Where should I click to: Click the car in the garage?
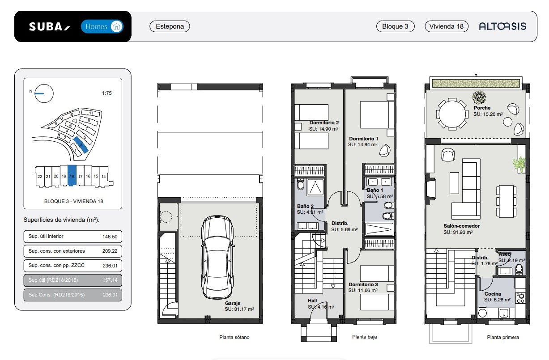pyautogui.click(x=217, y=257)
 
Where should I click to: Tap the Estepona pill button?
pyautogui.click(x=170, y=26)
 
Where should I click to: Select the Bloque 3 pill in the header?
pyautogui.click(x=396, y=26)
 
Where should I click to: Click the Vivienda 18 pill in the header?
pyautogui.click(x=447, y=26)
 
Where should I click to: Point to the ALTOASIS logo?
pyautogui.click(x=502, y=26)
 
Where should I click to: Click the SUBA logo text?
pyautogui.click(x=50, y=26)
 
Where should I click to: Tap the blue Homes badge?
pyautogui.click(x=102, y=26)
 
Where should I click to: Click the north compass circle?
pyautogui.click(x=44, y=93)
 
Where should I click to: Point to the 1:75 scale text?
pyautogui.click(x=107, y=93)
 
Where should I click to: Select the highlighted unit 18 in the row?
pyautogui.click(x=72, y=175)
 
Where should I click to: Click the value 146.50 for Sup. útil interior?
pyautogui.click(x=110, y=237)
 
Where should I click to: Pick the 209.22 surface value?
pyautogui.click(x=110, y=251)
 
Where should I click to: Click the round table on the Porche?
pyautogui.click(x=452, y=114)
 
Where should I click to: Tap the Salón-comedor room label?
pyautogui.click(x=461, y=226)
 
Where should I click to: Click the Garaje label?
pyautogui.click(x=233, y=303)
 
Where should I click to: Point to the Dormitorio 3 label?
pyautogui.click(x=363, y=284)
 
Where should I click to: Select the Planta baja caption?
pyautogui.click(x=365, y=337)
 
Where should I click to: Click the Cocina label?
pyautogui.click(x=493, y=294)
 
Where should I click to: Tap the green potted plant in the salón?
pyautogui.click(x=519, y=164)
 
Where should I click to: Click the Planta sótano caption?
pyautogui.click(x=234, y=337)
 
